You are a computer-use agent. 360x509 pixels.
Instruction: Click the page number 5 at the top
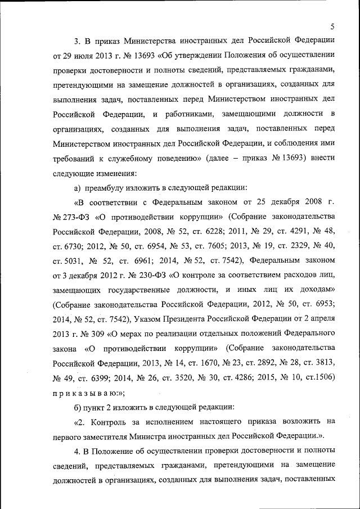(332, 26)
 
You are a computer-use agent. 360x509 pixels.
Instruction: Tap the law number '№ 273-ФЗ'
(71, 217)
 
